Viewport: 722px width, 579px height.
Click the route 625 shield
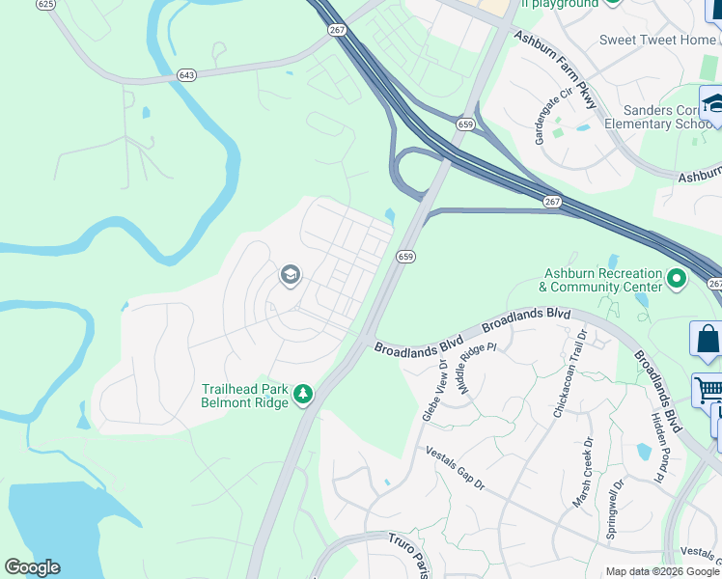click(x=45, y=5)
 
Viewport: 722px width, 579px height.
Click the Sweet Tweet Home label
click(x=657, y=40)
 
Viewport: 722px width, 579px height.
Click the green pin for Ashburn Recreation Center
click(x=677, y=280)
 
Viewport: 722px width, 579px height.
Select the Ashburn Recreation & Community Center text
click(x=601, y=280)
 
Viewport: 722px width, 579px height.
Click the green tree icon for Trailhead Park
click(x=303, y=394)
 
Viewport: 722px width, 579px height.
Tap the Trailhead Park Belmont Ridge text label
click(x=244, y=396)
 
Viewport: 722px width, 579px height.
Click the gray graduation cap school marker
click(x=289, y=276)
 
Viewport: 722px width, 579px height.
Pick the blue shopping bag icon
click(x=708, y=341)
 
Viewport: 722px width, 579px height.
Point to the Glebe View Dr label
click(x=433, y=390)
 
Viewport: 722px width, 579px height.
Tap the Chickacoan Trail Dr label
click(x=569, y=373)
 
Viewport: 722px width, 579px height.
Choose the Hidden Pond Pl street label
click(x=660, y=449)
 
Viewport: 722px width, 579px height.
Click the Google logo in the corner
click(x=32, y=567)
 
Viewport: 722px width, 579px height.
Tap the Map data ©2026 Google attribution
click(x=661, y=571)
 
